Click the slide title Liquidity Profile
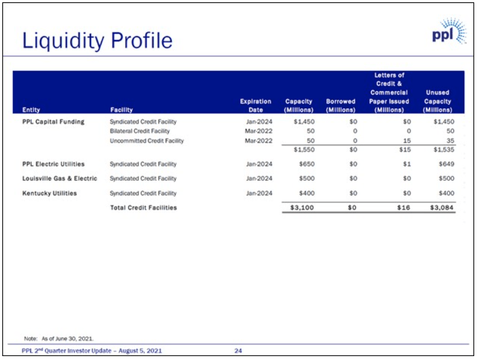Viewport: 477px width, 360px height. pyautogui.click(x=97, y=40)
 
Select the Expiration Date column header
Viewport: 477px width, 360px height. pyautogui.click(x=255, y=105)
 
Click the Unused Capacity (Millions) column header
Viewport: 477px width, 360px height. pyautogui.click(x=437, y=101)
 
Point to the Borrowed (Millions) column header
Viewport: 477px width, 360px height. pyautogui.click(x=340, y=105)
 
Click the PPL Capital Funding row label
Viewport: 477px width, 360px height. pyautogui.click(x=53, y=122)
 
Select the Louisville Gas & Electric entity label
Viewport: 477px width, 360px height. pyautogui.click(x=60, y=179)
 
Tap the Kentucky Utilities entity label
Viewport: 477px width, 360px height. pyautogui.click(x=49, y=193)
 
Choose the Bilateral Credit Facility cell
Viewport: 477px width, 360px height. pyautogui.click(x=140, y=131)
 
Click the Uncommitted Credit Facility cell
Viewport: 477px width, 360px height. pyautogui.click(x=146, y=141)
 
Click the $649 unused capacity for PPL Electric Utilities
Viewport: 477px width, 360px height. pyautogui.click(x=446, y=164)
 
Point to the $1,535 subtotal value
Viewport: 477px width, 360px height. pyautogui.click(x=443, y=150)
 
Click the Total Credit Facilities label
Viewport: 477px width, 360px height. pyautogui.click(x=143, y=208)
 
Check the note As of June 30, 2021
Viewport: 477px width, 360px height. pyautogui.click(x=59, y=338)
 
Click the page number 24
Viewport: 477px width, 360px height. pyautogui.click(x=238, y=351)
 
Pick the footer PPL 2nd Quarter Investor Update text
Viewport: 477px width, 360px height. pyautogui.click(x=92, y=351)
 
